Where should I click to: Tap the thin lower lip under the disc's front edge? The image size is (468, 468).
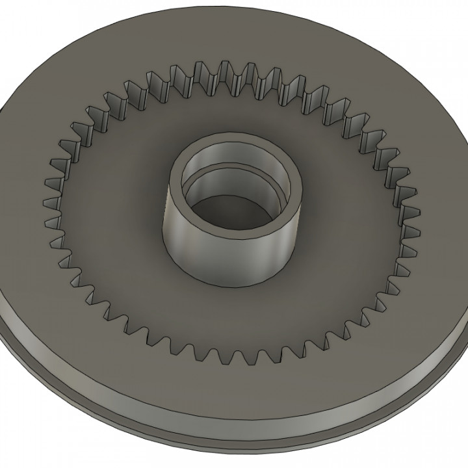[x=195, y=441]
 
